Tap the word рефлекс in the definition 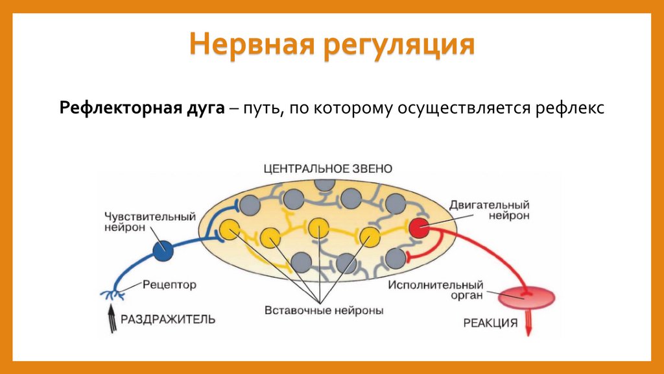570,108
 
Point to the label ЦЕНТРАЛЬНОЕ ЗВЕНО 327,168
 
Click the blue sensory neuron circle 163,251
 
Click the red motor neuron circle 418,228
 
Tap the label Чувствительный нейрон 150,221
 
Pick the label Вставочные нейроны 324,310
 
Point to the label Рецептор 169,284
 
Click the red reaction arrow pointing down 528,322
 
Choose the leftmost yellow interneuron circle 228,229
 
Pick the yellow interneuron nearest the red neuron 370,235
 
